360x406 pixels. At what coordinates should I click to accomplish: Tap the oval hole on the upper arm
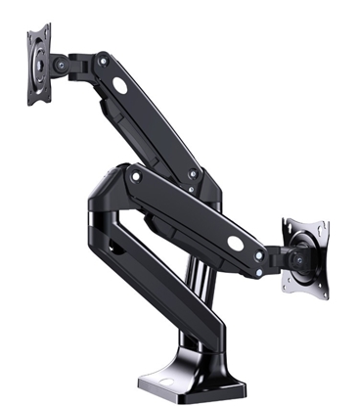[x=119, y=85]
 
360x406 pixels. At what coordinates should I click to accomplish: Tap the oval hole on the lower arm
[x=236, y=242]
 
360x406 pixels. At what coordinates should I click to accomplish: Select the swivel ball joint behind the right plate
[x=296, y=260]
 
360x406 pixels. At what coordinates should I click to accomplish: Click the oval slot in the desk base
[x=158, y=385]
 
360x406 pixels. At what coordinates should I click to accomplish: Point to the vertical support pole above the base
[x=201, y=293]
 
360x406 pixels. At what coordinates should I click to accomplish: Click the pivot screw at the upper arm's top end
[x=101, y=61]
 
